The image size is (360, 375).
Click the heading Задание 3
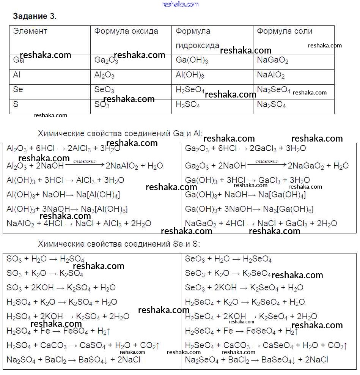[x=35, y=16]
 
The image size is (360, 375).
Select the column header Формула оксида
[x=126, y=31]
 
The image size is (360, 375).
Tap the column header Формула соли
[x=285, y=31]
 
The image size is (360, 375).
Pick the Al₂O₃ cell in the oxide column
[x=104, y=76]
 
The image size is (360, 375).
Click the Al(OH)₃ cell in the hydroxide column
[x=190, y=76]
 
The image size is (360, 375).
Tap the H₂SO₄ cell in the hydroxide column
[x=188, y=105]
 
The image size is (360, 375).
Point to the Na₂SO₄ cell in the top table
[x=271, y=105]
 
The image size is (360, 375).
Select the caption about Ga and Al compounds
[x=120, y=134]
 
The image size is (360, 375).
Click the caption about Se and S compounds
[x=119, y=244]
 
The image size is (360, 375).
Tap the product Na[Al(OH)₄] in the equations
[x=98, y=195]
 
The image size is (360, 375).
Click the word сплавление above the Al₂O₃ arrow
[x=84, y=161]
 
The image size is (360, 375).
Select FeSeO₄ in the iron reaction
[x=261, y=331]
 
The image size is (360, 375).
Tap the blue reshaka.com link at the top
[x=180, y=4]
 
